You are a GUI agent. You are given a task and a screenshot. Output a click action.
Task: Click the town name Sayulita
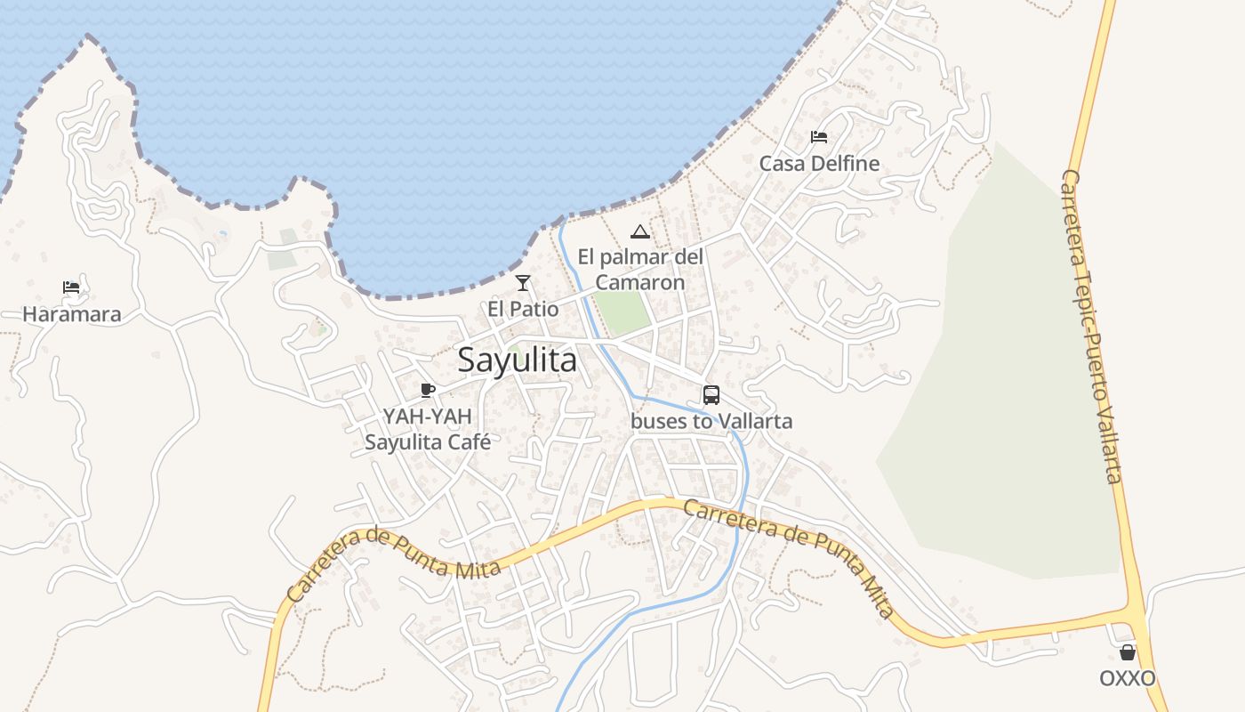point(517,360)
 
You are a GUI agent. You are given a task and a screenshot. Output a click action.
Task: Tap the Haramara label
point(72,314)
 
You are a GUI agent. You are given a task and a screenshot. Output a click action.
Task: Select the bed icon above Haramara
point(71,287)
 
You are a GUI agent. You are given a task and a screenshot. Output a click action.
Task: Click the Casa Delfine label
point(819,164)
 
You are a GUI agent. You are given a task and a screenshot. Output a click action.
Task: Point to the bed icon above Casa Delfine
point(819,137)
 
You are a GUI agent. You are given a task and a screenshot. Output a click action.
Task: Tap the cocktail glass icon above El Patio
point(523,283)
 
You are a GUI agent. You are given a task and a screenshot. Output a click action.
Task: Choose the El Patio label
point(523,310)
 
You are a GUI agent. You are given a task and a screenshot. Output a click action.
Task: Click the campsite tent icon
point(639,232)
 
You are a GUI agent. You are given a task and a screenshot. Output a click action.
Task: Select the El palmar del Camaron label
point(640,270)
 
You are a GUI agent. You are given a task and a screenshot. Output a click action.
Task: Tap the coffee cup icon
point(428,390)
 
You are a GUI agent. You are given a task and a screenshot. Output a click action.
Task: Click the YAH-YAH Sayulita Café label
point(428,429)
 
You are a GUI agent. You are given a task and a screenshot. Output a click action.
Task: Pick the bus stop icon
point(711,394)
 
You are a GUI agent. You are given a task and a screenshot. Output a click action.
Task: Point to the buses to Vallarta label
point(711,421)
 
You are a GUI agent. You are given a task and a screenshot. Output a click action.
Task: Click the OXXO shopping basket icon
point(1128,652)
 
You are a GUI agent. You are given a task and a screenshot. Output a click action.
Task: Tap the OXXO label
point(1128,679)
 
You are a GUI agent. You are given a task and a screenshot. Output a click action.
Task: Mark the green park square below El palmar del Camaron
point(622,312)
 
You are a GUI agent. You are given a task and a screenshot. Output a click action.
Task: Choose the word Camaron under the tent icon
point(640,283)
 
